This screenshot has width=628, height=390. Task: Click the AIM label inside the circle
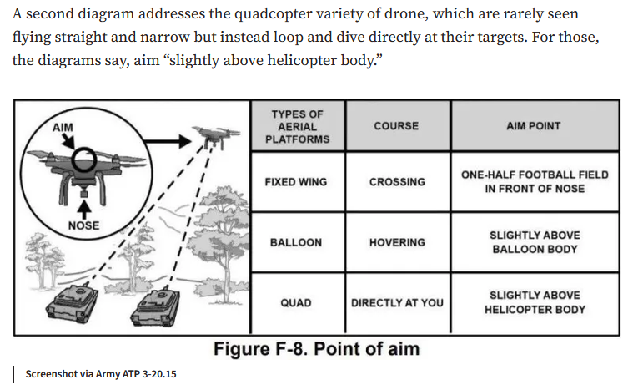tap(63, 128)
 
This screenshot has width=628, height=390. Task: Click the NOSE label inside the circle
tap(83, 225)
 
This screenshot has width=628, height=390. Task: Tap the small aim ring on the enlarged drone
tap(83, 160)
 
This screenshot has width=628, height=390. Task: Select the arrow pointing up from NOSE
tap(83, 210)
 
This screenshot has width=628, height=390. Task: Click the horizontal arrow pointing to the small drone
tap(168, 141)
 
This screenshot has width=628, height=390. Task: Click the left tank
tap(72, 301)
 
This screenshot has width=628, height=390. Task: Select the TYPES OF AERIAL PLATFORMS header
tap(297, 127)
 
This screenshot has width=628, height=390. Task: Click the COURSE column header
tap(396, 126)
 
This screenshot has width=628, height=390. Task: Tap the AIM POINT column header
tap(534, 126)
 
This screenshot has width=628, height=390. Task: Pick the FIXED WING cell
tap(296, 182)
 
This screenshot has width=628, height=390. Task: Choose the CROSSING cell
tap(397, 182)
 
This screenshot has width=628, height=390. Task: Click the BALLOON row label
tap(296, 243)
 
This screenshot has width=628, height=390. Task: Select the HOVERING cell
tap(397, 243)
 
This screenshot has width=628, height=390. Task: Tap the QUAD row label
tap(296, 303)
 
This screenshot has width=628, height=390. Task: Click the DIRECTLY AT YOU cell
tap(397, 303)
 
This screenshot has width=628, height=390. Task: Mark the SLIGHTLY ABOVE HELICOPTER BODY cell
tap(535, 302)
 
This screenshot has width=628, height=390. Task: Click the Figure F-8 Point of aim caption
tap(316, 349)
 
